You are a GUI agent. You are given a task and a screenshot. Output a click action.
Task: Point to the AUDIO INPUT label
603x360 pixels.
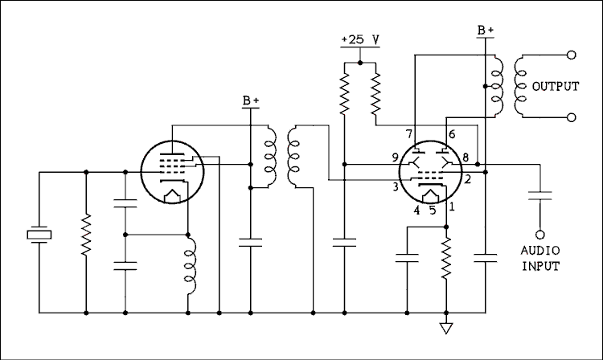point(540,258)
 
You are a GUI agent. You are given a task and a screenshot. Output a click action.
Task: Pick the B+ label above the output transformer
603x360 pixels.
point(486,30)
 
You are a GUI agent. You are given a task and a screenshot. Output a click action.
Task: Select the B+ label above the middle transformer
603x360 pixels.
point(251,101)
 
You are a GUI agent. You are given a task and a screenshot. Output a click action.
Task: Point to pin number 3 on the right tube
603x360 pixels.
point(396,187)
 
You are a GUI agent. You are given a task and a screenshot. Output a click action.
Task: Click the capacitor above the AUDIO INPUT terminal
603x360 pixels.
point(540,194)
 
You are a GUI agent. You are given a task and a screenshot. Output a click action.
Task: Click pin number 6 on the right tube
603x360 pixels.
point(451,133)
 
